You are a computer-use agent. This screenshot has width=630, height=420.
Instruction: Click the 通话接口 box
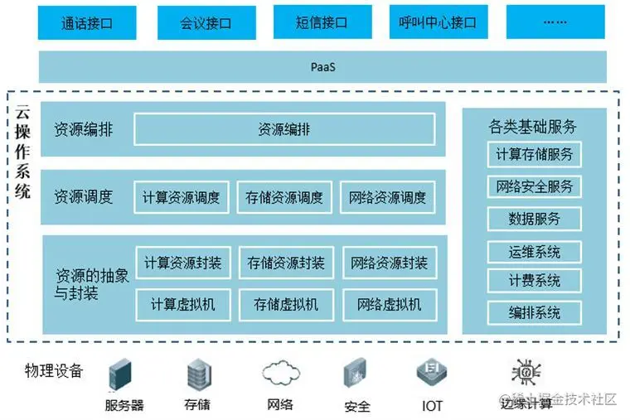tap(86, 22)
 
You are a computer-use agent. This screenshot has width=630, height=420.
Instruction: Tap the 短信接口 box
tap(321, 22)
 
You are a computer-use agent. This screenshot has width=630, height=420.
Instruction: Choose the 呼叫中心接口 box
tap(438, 22)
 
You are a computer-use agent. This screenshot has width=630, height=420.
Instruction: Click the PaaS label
tap(322, 66)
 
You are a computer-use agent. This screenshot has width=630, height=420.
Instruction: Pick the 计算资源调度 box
tap(182, 197)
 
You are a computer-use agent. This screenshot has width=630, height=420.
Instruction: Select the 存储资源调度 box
tap(284, 197)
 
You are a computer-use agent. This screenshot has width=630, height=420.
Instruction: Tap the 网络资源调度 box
tap(387, 197)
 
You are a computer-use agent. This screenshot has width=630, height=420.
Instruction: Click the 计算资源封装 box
tap(182, 263)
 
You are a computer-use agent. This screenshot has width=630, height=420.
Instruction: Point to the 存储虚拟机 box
tap(286, 304)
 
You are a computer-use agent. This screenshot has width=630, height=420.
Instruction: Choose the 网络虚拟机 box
tap(389, 304)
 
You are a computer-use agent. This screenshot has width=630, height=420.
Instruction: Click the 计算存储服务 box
tap(534, 154)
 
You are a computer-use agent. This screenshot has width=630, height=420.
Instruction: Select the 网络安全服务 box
tap(534, 186)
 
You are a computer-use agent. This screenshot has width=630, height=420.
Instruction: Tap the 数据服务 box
tap(534, 219)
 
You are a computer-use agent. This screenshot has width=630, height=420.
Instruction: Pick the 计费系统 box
tap(534, 281)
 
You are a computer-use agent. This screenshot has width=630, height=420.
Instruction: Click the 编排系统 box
tap(534, 312)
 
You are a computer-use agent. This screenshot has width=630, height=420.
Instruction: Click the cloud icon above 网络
tap(279, 372)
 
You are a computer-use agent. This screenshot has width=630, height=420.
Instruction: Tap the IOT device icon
tap(432, 374)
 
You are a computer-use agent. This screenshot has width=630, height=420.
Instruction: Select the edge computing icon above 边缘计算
tap(525, 372)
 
